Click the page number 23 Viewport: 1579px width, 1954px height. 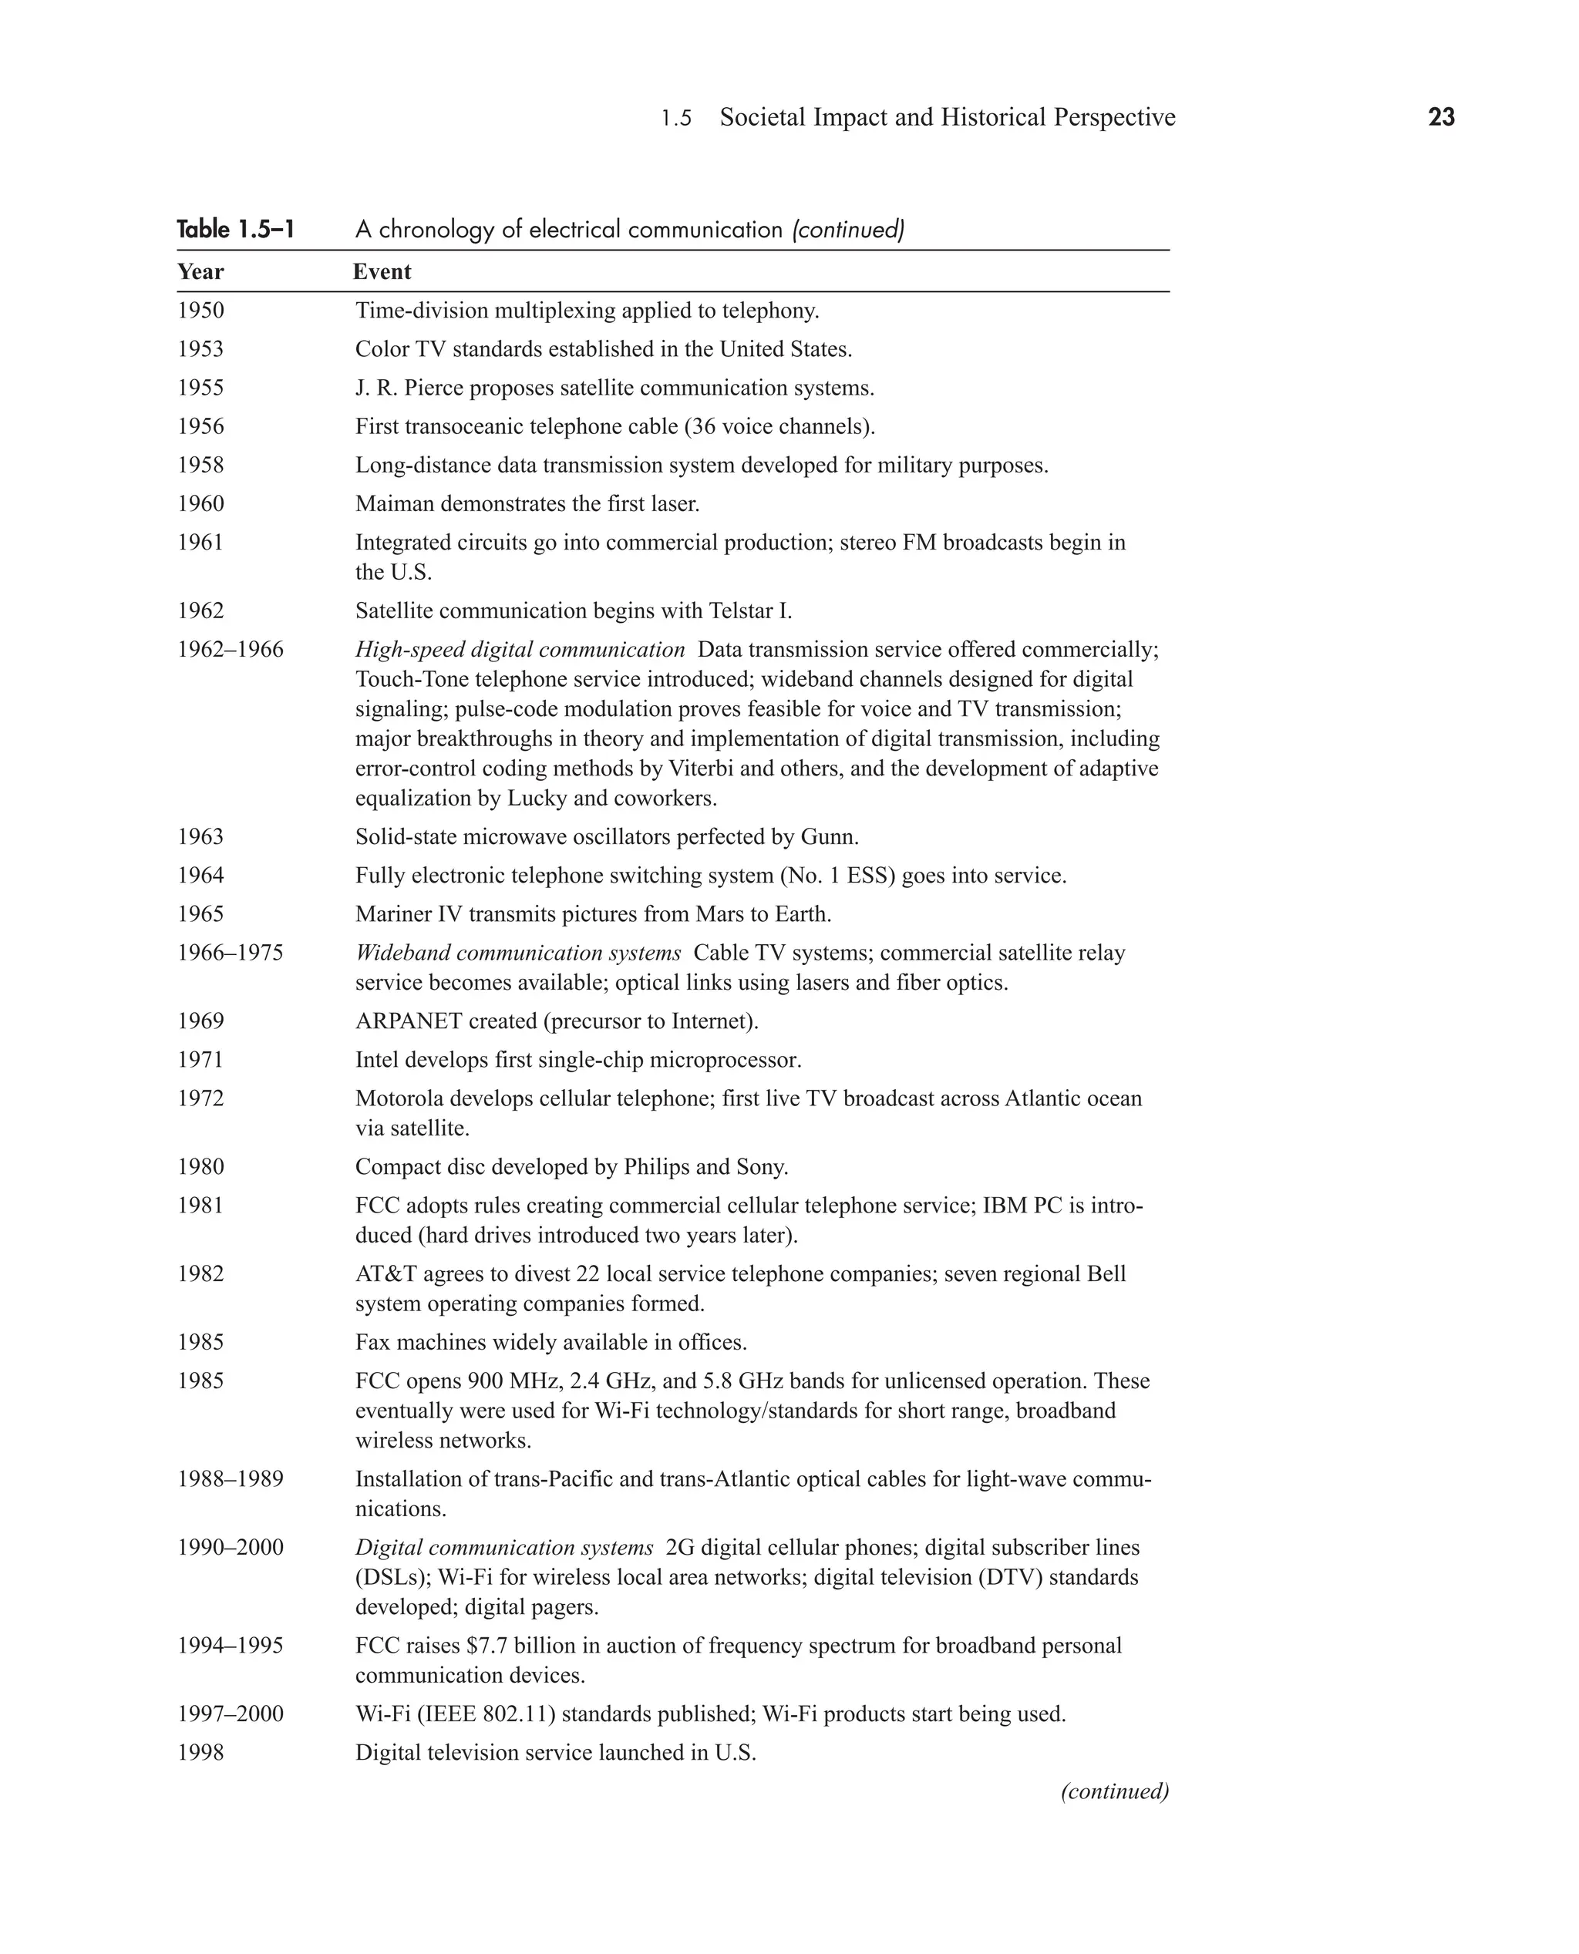tap(1441, 117)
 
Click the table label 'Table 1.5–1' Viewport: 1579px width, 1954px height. tap(236, 229)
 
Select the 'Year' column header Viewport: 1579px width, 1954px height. tap(200, 272)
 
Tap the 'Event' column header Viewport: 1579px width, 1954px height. tap(382, 272)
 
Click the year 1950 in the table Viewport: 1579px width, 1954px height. tap(200, 311)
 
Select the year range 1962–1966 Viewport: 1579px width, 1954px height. tap(230, 650)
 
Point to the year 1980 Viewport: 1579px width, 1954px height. tap(200, 1168)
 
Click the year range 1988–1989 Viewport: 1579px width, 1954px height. tap(230, 1479)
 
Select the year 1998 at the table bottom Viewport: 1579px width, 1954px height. tap(200, 1753)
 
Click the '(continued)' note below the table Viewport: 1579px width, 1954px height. tap(1114, 1791)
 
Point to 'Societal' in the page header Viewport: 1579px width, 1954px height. tap(763, 117)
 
